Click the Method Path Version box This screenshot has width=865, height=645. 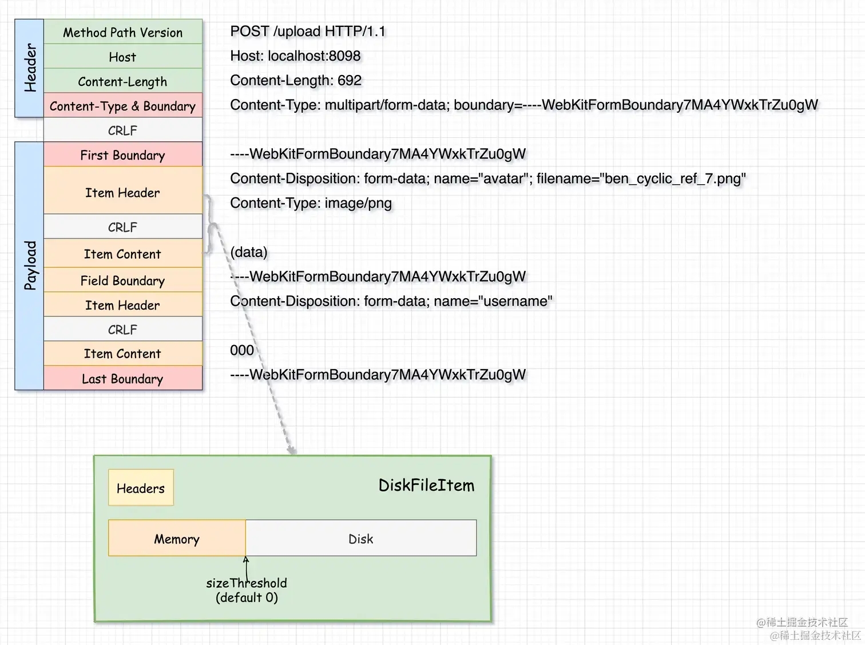pyautogui.click(x=122, y=33)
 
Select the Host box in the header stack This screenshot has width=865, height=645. pyautogui.click(x=122, y=57)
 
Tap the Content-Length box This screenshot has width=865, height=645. pyautogui.click(x=122, y=82)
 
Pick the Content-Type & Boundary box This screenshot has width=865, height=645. pyautogui.click(x=122, y=106)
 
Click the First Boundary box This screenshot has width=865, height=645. pyautogui.click(x=122, y=155)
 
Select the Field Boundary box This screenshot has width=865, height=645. pyautogui.click(x=122, y=280)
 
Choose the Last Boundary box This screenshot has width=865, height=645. pyautogui.click(x=122, y=379)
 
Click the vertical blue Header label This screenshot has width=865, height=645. pyautogui.click(x=30, y=68)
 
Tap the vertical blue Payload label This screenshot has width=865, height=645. pyautogui.click(x=30, y=266)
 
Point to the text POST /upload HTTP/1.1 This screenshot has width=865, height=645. pyautogui.click(x=308, y=31)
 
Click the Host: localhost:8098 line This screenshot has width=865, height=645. pyautogui.click(x=295, y=56)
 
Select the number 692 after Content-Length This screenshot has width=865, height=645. pyautogui.click(x=349, y=81)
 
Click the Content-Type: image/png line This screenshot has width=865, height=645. pyautogui.click(x=311, y=203)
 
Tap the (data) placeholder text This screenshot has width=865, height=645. pyautogui.click(x=248, y=252)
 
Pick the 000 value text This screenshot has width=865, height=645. pyautogui.click(x=241, y=350)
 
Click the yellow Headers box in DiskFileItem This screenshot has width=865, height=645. pyautogui.click(x=141, y=488)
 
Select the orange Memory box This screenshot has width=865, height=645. pyautogui.click(x=177, y=539)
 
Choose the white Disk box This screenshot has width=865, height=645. pyautogui.click(x=360, y=539)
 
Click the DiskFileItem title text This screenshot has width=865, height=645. pyautogui.click(x=426, y=485)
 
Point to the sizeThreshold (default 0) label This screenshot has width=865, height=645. pyautogui.click(x=247, y=590)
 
